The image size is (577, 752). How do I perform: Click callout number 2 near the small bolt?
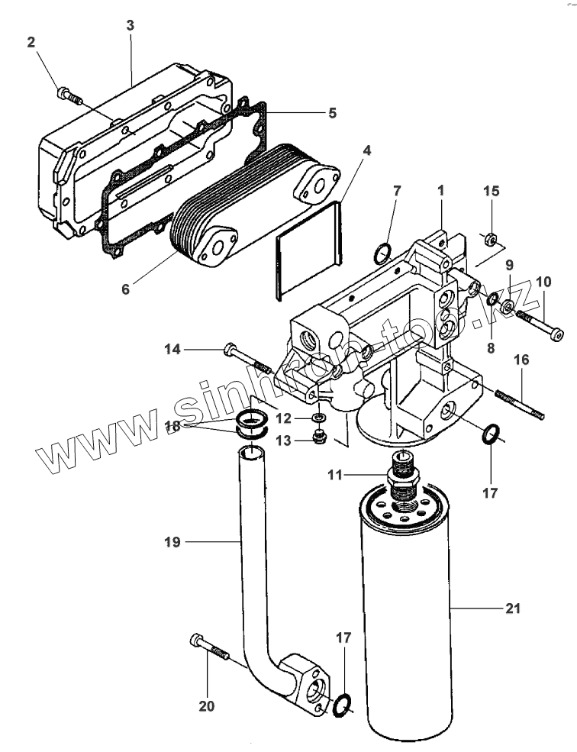(x=31, y=44)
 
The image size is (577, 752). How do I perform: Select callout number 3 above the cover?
(x=130, y=25)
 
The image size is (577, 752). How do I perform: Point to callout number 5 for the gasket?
(x=332, y=114)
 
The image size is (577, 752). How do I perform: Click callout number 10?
(x=543, y=282)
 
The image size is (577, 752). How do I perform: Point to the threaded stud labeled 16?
(x=519, y=405)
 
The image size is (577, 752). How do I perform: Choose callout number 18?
(x=173, y=426)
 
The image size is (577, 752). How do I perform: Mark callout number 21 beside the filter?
(x=512, y=608)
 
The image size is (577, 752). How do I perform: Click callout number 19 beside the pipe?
(x=172, y=542)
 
